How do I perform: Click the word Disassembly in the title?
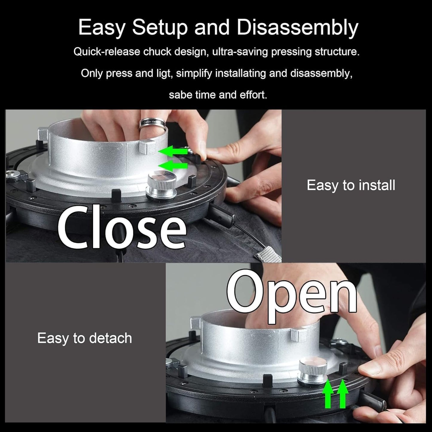pos(297,28)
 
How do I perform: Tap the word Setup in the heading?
pos(160,28)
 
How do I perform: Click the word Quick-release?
pos(107,52)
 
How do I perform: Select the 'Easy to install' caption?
pos(351,185)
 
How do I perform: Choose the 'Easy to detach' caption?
pos(85,338)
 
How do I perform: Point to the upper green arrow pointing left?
pos(173,151)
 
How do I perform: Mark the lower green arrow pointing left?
pos(173,166)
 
